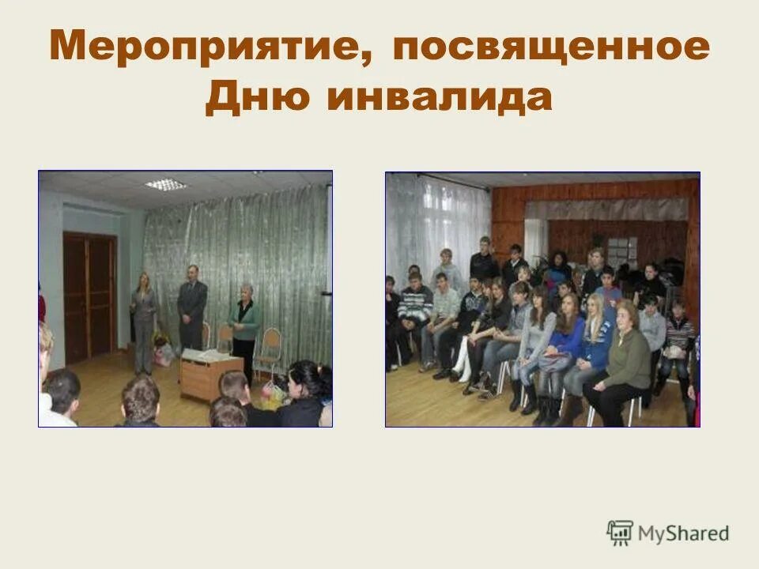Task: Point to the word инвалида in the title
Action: click(x=439, y=99)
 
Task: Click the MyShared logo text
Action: click(x=685, y=533)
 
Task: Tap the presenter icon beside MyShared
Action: click(x=620, y=533)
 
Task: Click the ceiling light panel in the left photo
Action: click(x=165, y=184)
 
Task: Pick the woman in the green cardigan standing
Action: click(x=245, y=324)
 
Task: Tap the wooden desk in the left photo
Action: click(x=212, y=375)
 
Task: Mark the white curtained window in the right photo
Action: click(x=439, y=221)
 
